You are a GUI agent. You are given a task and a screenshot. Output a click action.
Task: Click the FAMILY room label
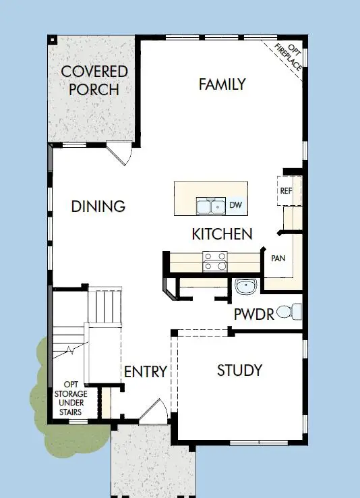pyautogui.click(x=222, y=84)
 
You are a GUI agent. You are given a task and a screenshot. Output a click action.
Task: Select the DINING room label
pyautogui.click(x=98, y=206)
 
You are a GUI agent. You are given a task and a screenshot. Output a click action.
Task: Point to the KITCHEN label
pyautogui.click(x=222, y=234)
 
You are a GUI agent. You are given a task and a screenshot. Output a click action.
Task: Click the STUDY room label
pyautogui.click(x=239, y=370)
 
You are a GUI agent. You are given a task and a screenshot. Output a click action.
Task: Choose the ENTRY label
pyautogui.click(x=145, y=372)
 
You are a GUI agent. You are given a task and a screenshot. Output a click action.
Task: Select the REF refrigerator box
pyautogui.click(x=286, y=191)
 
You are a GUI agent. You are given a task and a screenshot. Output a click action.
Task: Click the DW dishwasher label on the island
pyautogui.click(x=235, y=204)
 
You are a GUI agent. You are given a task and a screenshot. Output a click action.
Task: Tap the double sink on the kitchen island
pyautogui.click(x=210, y=206)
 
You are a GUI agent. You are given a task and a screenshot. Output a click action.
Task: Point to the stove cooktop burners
pyautogui.click(x=214, y=261)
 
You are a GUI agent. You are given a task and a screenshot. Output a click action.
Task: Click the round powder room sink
pyautogui.click(x=247, y=287)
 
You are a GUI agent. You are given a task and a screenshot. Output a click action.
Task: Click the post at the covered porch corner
pyautogui.click(x=52, y=39)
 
